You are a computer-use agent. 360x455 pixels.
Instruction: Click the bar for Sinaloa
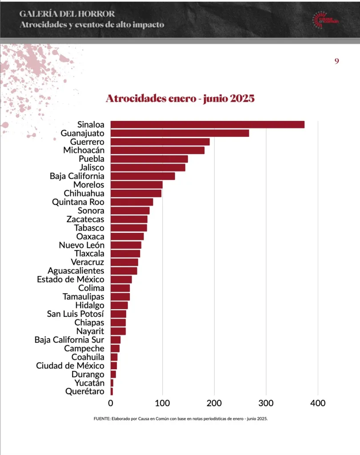click(207, 124)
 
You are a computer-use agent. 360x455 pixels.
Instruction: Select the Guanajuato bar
click(180, 133)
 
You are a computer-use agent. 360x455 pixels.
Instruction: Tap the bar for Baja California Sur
click(116, 340)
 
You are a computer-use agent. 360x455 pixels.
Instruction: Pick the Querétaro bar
click(112, 391)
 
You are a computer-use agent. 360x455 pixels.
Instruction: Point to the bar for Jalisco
click(148, 168)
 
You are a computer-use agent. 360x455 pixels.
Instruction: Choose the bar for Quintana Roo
click(132, 202)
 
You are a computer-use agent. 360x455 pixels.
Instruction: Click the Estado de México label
click(71, 279)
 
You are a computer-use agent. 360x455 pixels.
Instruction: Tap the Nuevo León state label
click(82, 245)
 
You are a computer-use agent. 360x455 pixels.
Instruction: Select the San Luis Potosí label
click(76, 314)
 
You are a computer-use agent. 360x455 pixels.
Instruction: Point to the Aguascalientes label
click(76, 271)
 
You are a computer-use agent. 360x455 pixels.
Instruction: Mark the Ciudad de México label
click(70, 366)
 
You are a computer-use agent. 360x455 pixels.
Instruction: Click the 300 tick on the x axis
click(266, 403)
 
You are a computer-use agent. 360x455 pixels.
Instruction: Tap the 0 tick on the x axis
click(111, 403)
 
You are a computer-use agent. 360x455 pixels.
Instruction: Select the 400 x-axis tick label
click(318, 403)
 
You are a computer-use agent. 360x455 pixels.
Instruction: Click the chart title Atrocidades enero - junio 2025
click(180, 98)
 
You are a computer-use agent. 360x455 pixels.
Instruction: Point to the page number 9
click(337, 61)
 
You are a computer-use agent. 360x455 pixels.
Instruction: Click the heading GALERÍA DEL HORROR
click(67, 14)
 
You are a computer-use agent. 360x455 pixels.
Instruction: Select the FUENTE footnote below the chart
click(180, 419)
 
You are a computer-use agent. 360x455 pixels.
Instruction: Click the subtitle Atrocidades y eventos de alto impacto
click(92, 24)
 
